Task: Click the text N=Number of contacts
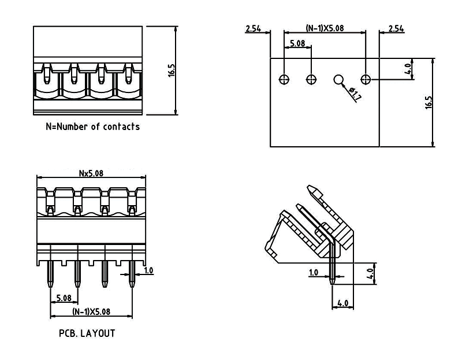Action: (92, 126)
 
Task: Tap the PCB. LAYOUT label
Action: (87, 333)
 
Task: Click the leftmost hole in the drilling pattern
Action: (284, 79)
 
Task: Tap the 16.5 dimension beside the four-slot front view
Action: (172, 70)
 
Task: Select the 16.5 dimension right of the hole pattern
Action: (429, 102)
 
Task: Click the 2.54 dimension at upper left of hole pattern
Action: (254, 28)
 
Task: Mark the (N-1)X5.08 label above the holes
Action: (325, 28)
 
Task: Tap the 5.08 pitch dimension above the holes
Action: (297, 43)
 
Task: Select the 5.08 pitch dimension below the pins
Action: (63, 298)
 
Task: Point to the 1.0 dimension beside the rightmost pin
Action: (148, 270)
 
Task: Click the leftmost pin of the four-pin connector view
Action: (50, 274)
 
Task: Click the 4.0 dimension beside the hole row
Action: (408, 69)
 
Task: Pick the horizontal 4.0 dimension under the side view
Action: (342, 302)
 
